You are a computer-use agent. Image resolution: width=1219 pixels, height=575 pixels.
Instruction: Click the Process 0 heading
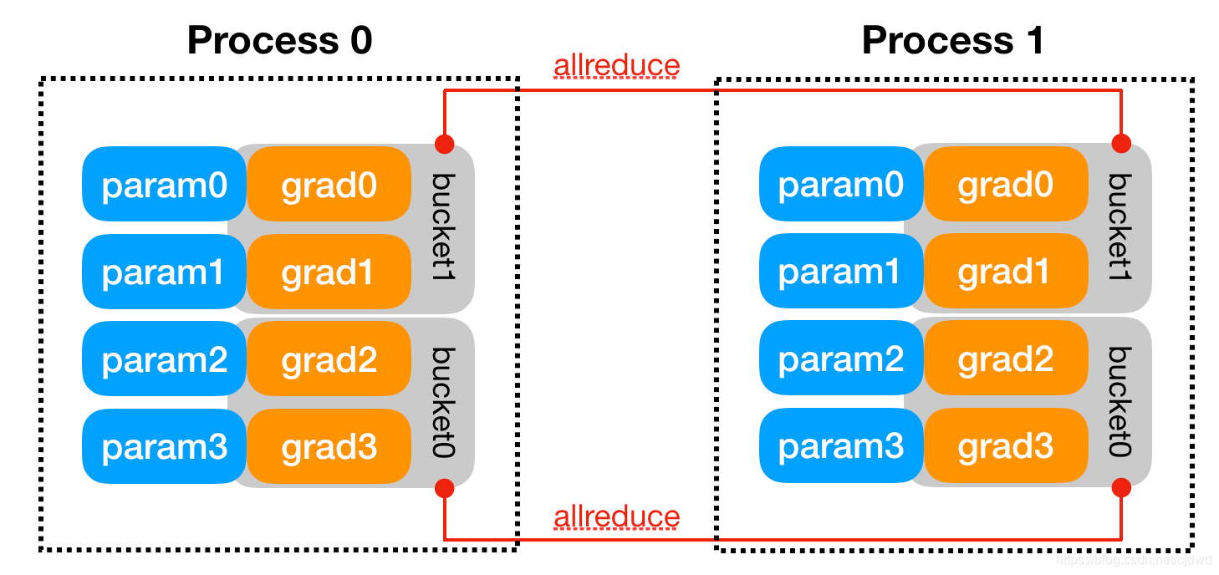[279, 40]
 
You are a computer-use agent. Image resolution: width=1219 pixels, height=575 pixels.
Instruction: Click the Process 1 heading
[953, 40]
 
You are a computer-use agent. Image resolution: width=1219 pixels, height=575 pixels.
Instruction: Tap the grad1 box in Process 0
[329, 272]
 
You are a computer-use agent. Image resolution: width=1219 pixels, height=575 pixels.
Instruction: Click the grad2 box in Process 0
[329, 360]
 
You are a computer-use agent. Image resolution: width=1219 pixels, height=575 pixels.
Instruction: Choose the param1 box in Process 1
[840, 272]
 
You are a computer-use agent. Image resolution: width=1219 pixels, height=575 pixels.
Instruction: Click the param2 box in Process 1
[840, 360]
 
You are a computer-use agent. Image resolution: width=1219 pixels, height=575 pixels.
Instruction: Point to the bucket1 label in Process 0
[443, 226]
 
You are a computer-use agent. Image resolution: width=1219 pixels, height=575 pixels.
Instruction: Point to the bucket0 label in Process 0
[443, 402]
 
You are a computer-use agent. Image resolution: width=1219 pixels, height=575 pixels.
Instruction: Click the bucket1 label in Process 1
[1120, 226]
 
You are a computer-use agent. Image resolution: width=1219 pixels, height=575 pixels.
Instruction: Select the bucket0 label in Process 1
[1120, 402]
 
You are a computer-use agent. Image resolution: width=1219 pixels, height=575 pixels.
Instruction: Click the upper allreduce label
[616, 65]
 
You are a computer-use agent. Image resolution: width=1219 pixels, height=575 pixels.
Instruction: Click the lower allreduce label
[616, 517]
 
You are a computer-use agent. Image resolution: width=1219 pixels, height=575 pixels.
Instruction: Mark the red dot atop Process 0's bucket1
[444, 143]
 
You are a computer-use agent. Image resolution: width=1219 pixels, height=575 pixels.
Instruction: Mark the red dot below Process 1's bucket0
[1121, 487]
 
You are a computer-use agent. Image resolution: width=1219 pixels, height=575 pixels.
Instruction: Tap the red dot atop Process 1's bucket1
[1121, 143]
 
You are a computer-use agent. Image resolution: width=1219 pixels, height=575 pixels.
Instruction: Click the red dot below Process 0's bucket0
[444, 487]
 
